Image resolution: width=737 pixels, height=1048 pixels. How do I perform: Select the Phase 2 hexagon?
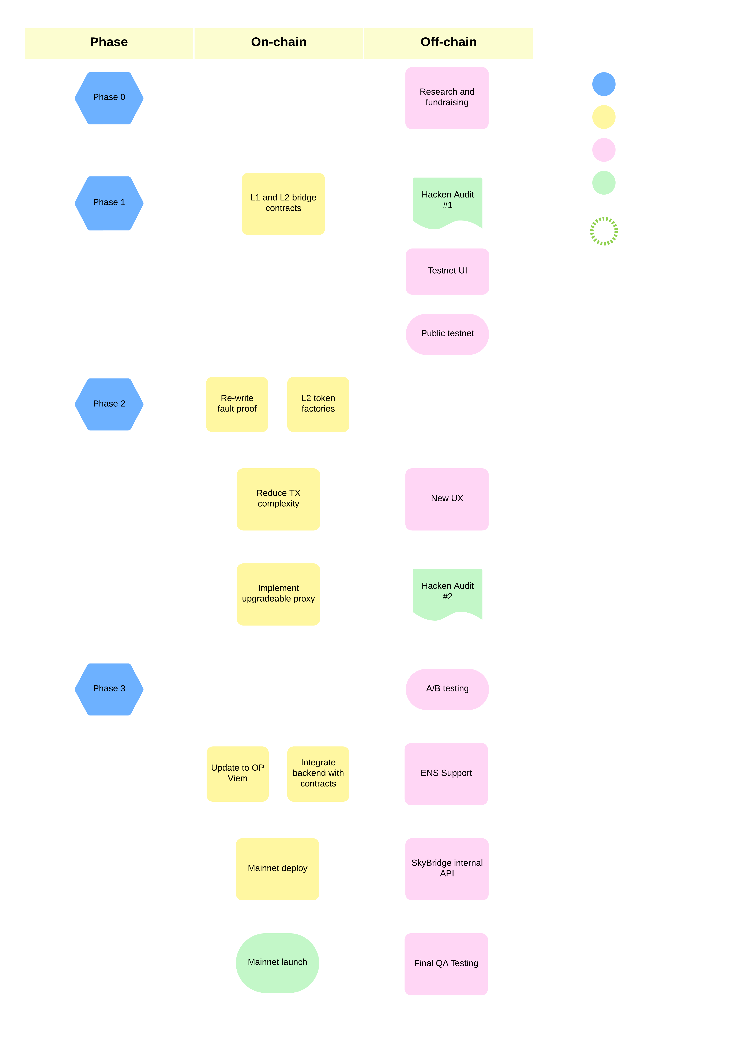(x=109, y=404)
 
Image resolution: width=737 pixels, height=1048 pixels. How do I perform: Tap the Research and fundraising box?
(x=447, y=98)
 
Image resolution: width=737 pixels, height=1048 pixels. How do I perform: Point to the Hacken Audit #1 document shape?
(x=447, y=201)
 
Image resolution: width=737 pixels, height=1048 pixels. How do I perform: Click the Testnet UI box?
(x=447, y=271)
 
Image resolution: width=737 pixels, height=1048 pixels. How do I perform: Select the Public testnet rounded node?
(x=447, y=334)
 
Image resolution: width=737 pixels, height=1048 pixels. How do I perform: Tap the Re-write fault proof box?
(x=237, y=404)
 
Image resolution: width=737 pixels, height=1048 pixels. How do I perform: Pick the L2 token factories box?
(x=318, y=404)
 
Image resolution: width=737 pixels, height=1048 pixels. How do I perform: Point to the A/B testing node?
(x=447, y=689)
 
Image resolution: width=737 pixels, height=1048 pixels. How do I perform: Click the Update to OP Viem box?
(x=237, y=773)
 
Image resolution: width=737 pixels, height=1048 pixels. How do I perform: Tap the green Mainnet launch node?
(x=278, y=962)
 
